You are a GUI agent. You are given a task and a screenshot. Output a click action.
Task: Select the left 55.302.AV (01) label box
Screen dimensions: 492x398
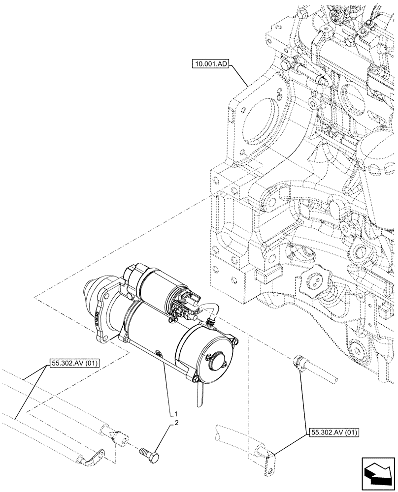pyautogui.click(x=74, y=364)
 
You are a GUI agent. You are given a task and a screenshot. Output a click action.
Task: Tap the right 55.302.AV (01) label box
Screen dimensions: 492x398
pyautogui.click(x=334, y=433)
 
